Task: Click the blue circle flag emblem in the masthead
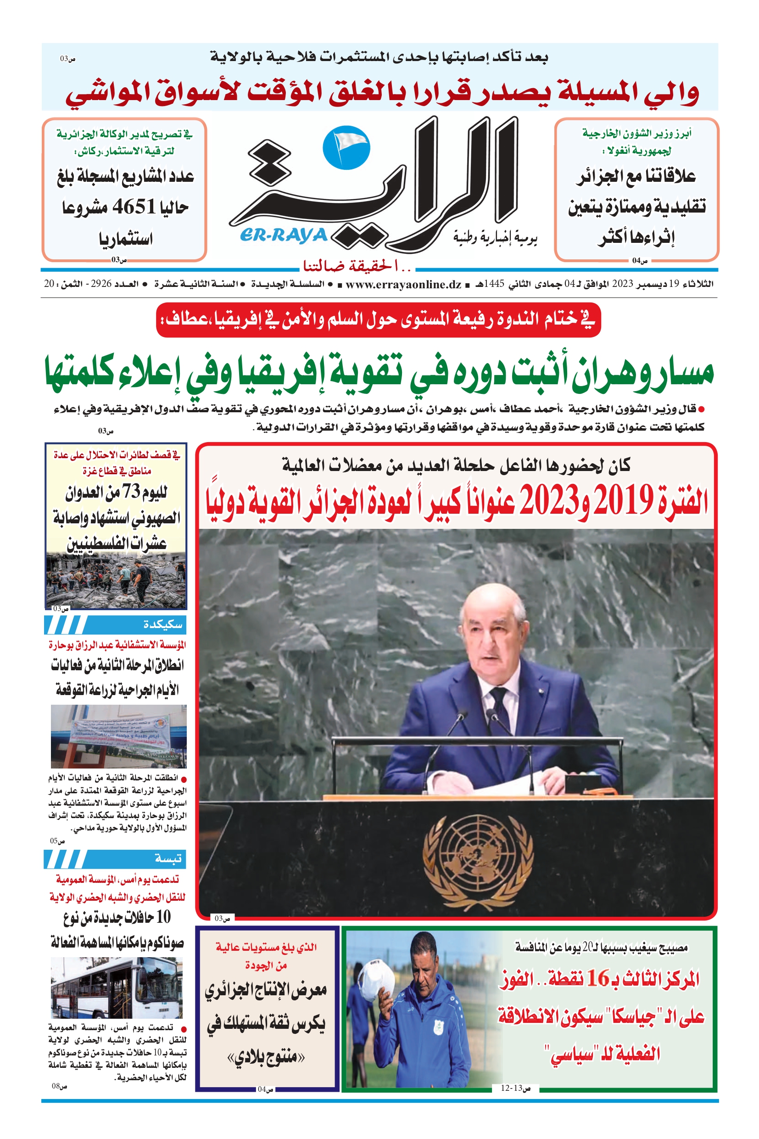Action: pyautogui.click(x=346, y=148)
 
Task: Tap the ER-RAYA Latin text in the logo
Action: pyautogui.click(x=284, y=236)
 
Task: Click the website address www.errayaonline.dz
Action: pyautogui.click(x=403, y=284)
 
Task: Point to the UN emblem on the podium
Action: pyautogui.click(x=477, y=857)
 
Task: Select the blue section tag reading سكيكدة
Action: pyautogui.click(x=162, y=625)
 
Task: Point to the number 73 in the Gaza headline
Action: pyautogui.click(x=131, y=492)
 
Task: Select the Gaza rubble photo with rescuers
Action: pyautogui.click(x=116, y=580)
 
